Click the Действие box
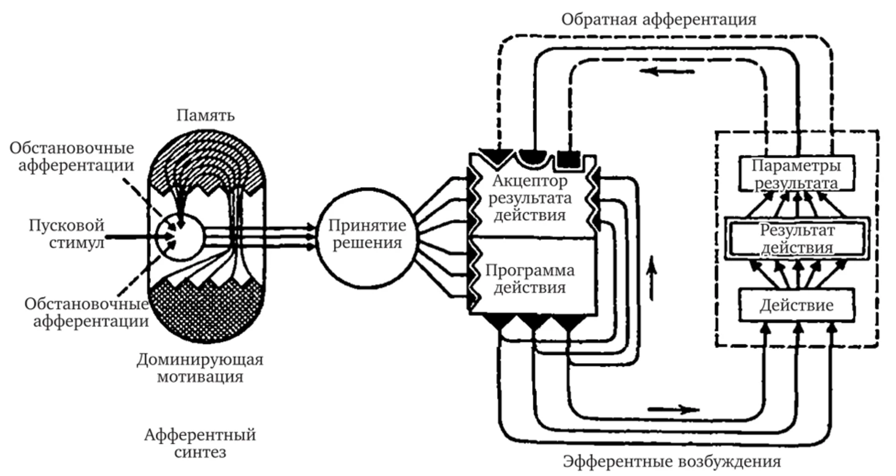pyautogui.click(x=797, y=305)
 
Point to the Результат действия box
pyautogui.click(x=797, y=239)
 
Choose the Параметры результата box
pyautogui.click(x=797, y=174)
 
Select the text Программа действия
pyautogui.click(x=531, y=278)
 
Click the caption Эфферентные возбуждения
pyautogui.click(x=672, y=461)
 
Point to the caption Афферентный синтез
pyautogui.click(x=200, y=445)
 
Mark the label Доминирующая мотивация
pyautogui.click(x=200, y=367)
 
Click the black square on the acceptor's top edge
pyautogui.click(x=568, y=159)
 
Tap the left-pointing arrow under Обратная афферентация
pyautogui.click(x=666, y=72)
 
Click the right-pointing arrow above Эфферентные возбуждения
pyautogui.click(x=673, y=408)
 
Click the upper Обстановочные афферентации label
pyautogui.click(x=72, y=158)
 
